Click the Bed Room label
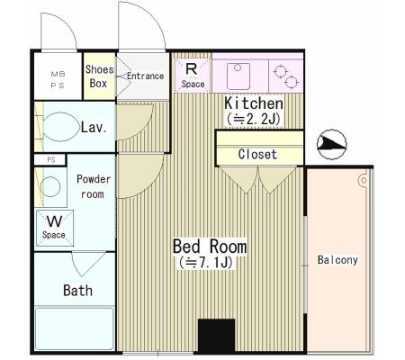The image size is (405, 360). click(210, 247)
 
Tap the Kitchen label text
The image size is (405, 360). click(254, 103)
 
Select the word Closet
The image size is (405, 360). click(257, 154)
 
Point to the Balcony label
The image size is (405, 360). click(337, 260)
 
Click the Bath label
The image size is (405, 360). click(77, 291)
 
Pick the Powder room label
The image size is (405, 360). click(94, 186)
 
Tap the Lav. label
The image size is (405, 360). click(94, 128)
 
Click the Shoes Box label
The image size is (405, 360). click(99, 76)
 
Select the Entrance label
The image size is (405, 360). click(145, 76)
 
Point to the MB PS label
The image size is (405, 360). click(58, 80)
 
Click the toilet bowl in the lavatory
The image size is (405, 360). click(61, 127)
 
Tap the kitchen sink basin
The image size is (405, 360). click(238, 76)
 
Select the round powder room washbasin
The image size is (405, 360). click(50, 186)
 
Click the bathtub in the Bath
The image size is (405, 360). click(75, 328)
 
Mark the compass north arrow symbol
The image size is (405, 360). click(332, 144)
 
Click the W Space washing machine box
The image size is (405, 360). click(55, 228)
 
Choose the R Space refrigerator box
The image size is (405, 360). click(193, 76)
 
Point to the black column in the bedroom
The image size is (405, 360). click(216, 336)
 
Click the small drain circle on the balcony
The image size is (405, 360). click(364, 181)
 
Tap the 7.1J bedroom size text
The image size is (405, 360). click(206, 263)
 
